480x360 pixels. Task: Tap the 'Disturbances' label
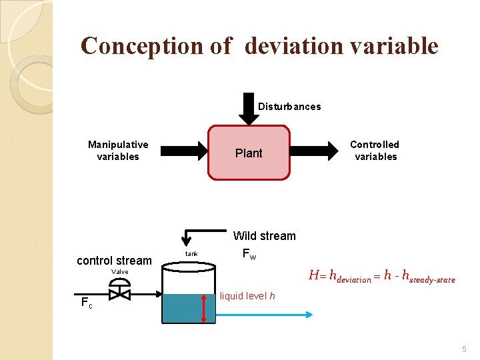tap(289, 107)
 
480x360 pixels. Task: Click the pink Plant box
tap(249, 153)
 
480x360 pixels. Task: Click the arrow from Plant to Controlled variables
tap(316, 151)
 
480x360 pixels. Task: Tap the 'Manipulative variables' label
tap(118, 151)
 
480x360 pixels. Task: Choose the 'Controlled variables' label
tap(375, 151)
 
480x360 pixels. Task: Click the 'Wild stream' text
tap(264, 236)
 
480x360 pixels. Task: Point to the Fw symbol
tap(248, 254)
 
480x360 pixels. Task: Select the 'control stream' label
tap(114, 261)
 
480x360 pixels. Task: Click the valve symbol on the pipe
tap(120, 293)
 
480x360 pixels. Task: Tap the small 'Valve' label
tap(120, 272)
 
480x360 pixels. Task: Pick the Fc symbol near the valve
tap(86, 303)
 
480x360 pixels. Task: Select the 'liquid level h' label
tap(247, 296)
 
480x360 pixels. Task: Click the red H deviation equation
tap(381, 277)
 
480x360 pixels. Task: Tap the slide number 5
tap(464, 349)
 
